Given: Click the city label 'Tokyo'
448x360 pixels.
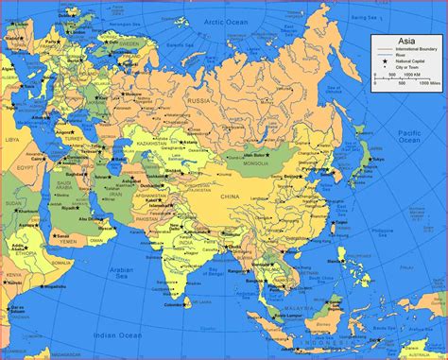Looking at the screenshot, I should coord(378,161).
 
